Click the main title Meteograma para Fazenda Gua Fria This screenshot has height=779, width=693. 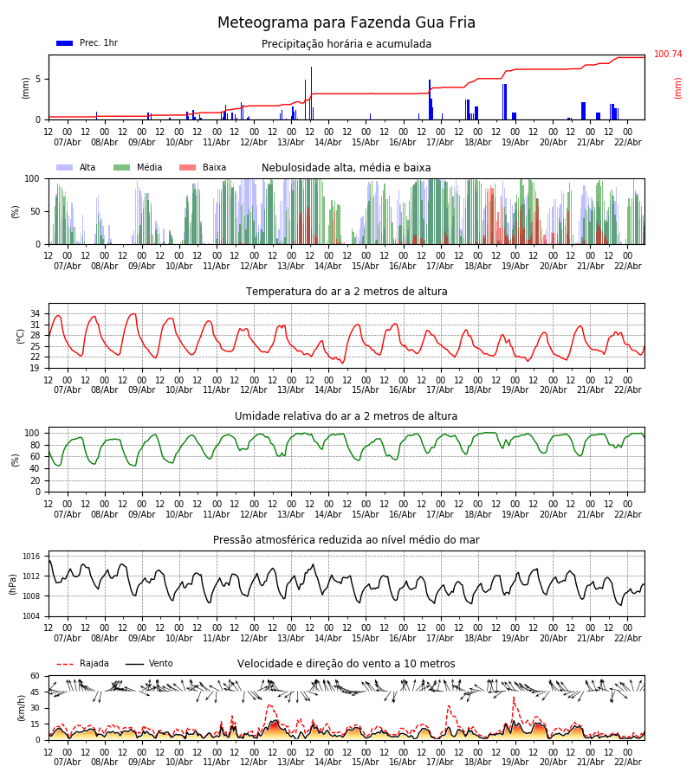pos(346,23)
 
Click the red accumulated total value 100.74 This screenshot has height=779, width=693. pos(668,55)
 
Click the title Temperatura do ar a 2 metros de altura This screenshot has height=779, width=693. pos(346,292)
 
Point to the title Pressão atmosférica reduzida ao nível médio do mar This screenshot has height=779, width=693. pos(346,540)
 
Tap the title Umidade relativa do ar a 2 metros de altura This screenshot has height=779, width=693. pos(346,416)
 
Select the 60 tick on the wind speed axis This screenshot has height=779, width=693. pos(36,676)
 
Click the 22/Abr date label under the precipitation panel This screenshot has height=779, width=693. pos(628,142)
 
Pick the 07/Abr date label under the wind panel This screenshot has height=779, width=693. pos(68,763)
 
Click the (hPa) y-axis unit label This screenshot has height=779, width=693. pos(14,583)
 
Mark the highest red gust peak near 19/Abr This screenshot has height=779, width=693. pos(513,698)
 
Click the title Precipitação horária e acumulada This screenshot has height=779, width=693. pos(346,44)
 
